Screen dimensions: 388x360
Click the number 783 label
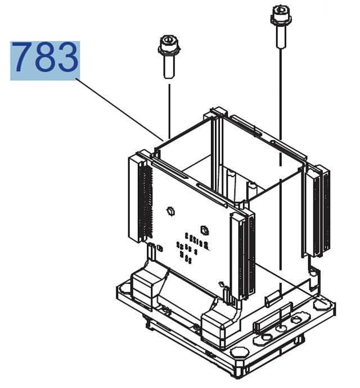pyautogui.click(x=45, y=60)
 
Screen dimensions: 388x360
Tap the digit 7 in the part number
pyautogui.click(x=23, y=60)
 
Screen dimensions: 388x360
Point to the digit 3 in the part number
pyautogui.click(x=67, y=60)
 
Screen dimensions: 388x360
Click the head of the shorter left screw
pyautogui.click(x=168, y=43)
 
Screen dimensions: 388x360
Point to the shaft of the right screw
pyautogui.click(x=279, y=37)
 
